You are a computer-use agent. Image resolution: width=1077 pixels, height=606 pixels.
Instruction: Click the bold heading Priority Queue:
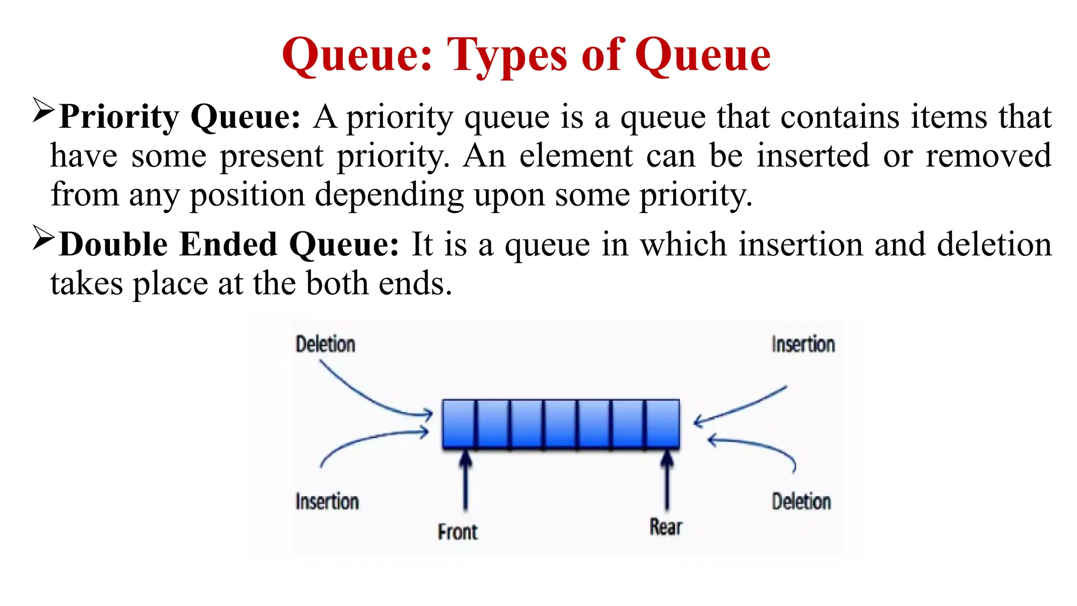[179, 117]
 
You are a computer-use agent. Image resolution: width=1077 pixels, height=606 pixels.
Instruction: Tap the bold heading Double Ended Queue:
[229, 245]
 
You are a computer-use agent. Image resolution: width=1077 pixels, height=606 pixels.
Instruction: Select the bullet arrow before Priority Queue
[43, 110]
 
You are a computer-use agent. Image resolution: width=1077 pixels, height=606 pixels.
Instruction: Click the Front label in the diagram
[457, 532]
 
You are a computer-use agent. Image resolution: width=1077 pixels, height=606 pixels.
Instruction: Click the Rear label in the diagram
[665, 527]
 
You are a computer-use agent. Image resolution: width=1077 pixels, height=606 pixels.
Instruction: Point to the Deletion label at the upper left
[325, 345]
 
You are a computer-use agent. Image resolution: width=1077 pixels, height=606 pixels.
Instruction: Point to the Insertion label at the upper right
[802, 345]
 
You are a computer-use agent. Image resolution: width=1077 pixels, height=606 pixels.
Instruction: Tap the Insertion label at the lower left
[327, 502]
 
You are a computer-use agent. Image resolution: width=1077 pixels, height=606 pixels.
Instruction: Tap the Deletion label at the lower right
[801, 502]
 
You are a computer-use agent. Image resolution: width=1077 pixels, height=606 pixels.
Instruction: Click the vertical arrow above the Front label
[465, 481]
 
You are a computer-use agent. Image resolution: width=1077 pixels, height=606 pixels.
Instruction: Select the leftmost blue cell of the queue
[459, 424]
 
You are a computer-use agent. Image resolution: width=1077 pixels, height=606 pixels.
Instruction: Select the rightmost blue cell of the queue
[663, 424]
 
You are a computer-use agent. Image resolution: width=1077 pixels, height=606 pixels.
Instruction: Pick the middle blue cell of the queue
[561, 424]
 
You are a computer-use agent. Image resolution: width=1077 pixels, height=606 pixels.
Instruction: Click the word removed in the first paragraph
[988, 156]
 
